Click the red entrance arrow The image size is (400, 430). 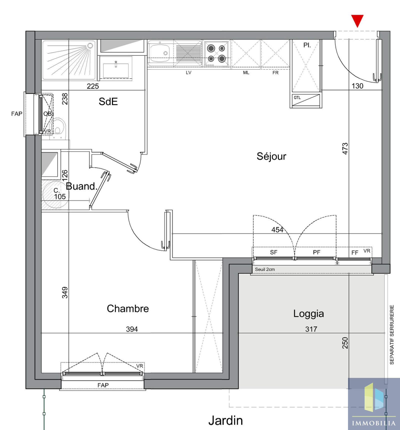point(357,21)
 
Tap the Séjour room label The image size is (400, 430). point(271,156)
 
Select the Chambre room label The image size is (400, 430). point(128,309)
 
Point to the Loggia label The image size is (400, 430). point(308,314)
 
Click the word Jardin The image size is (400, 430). point(225,420)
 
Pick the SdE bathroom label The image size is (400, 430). point(108,102)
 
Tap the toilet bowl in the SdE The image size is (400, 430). point(58,128)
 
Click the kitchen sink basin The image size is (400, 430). point(159,53)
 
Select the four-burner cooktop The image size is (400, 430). point(216,54)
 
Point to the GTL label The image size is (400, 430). point(297,97)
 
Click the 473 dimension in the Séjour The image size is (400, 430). point(345,149)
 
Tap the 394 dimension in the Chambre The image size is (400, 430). point(132,329)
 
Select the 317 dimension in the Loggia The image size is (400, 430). point(311,329)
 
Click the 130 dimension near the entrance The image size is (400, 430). point(357,86)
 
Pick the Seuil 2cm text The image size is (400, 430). point(265,269)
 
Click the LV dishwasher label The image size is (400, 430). point(188,73)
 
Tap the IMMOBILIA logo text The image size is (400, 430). point(374,423)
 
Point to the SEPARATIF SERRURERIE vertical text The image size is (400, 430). point(392,335)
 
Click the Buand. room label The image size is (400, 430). point(81,186)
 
